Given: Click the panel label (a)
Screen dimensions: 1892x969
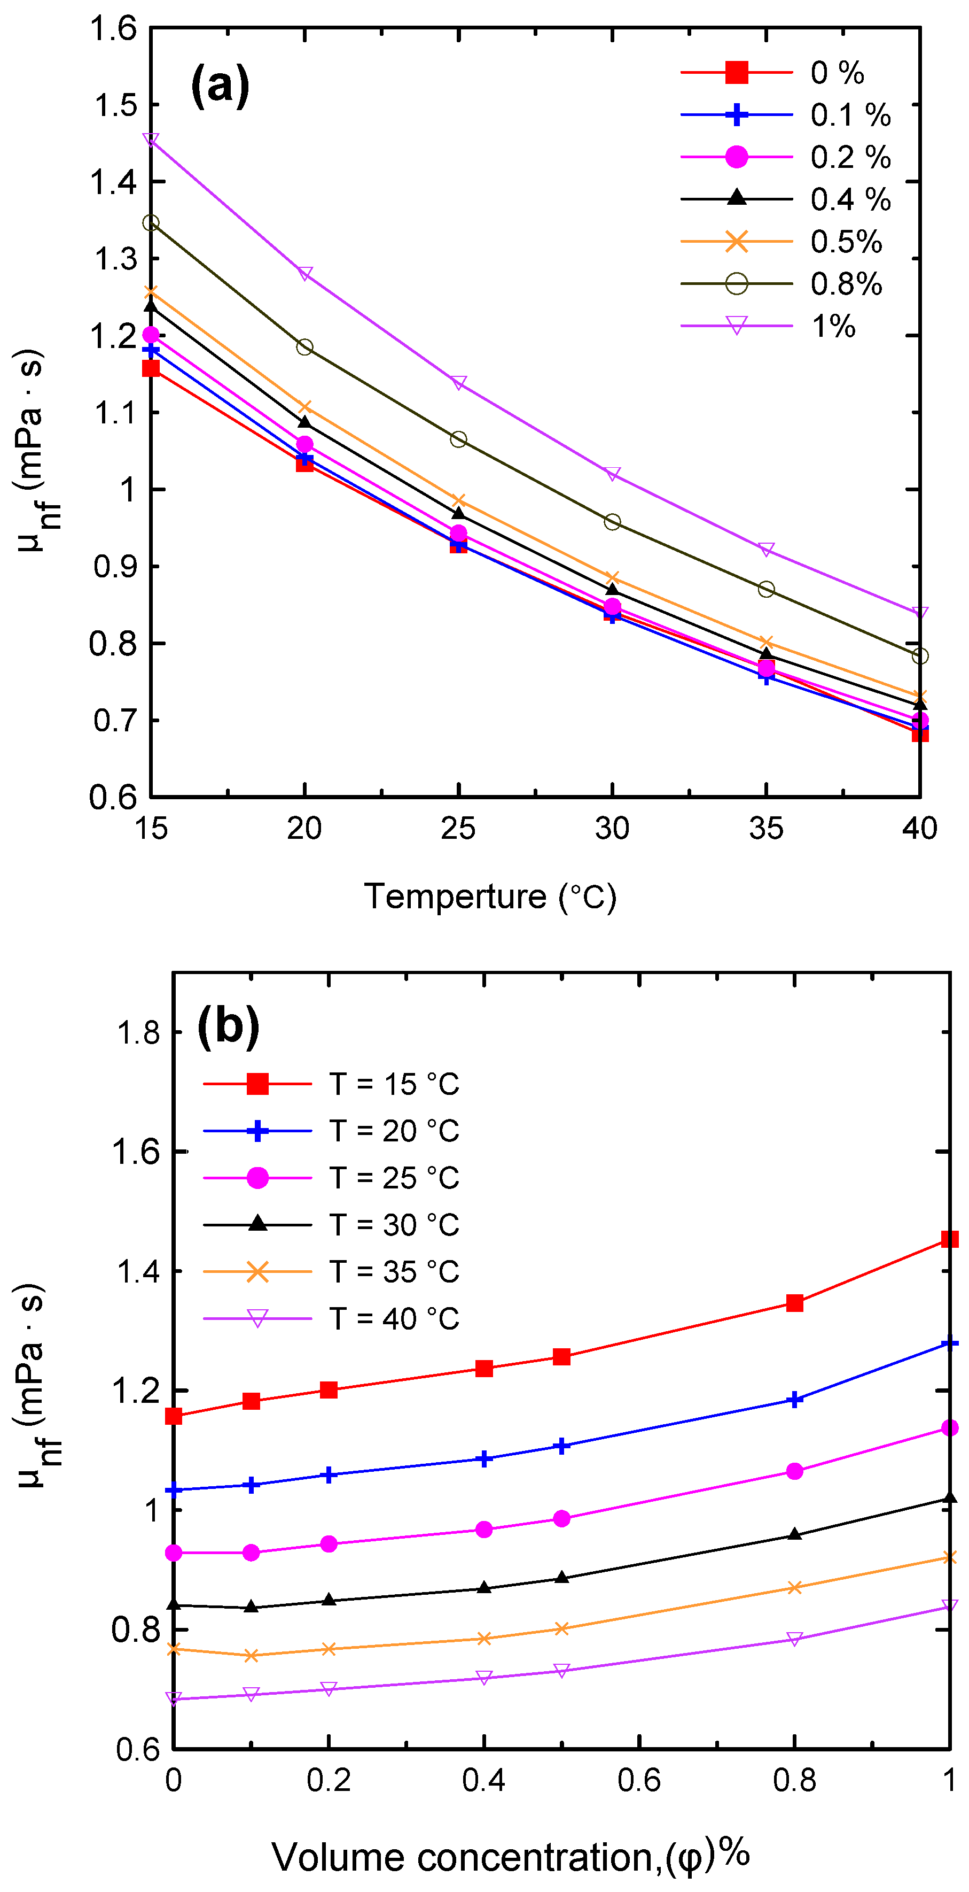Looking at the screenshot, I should [x=220, y=86].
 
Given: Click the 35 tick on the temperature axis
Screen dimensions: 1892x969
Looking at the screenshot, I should [x=765, y=829].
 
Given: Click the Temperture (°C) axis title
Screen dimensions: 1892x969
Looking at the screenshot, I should [x=490, y=897].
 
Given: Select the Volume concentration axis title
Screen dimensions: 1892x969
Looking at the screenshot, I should [x=510, y=1857].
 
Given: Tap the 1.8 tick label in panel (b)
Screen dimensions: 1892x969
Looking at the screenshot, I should [x=138, y=1033].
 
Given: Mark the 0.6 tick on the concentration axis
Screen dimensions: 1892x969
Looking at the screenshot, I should [x=639, y=1780].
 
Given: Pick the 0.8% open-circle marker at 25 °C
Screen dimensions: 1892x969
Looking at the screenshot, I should [x=458, y=439].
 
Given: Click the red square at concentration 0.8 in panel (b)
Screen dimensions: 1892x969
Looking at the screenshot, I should [x=794, y=1303].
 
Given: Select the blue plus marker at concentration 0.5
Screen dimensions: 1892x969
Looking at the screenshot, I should [x=561, y=1446].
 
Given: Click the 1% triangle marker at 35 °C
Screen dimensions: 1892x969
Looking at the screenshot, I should [x=765, y=550].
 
